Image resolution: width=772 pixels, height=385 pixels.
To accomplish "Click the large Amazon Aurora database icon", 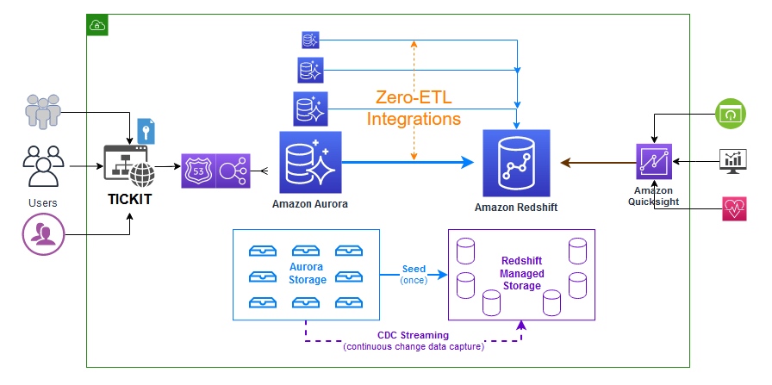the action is click(x=310, y=162).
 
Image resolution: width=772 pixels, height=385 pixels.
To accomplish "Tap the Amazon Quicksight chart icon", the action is click(x=654, y=161).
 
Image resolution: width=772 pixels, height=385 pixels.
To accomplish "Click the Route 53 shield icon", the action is click(x=198, y=171).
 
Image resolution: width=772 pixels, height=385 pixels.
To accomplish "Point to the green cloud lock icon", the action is click(x=97, y=25).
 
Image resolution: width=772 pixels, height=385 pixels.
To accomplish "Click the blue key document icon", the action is click(x=146, y=132).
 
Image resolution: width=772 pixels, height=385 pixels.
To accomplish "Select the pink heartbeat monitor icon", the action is click(x=735, y=208).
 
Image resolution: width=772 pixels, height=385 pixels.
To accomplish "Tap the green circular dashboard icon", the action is click(x=731, y=114).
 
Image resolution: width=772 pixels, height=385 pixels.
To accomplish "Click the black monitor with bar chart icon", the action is click(x=733, y=161).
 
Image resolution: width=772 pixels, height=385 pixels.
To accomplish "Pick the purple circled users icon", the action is click(x=44, y=234).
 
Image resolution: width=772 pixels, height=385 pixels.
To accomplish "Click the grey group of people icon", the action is click(x=43, y=111).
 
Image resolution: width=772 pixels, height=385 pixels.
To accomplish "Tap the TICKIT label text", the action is click(x=130, y=200).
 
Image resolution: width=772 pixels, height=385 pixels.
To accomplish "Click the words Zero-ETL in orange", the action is click(x=414, y=97).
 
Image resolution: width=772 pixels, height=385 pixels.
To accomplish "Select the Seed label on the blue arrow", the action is click(x=414, y=270).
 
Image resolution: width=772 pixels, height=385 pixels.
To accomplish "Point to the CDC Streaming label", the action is click(x=413, y=335).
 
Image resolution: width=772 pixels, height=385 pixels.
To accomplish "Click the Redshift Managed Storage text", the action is click(x=521, y=274).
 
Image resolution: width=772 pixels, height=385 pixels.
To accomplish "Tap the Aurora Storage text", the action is click(x=308, y=274).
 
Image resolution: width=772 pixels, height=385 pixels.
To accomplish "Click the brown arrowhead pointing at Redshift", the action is click(x=566, y=162).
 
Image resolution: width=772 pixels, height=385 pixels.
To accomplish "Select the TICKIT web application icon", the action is click(x=129, y=166).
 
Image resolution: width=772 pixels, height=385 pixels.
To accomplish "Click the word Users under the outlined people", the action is click(x=43, y=203).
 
